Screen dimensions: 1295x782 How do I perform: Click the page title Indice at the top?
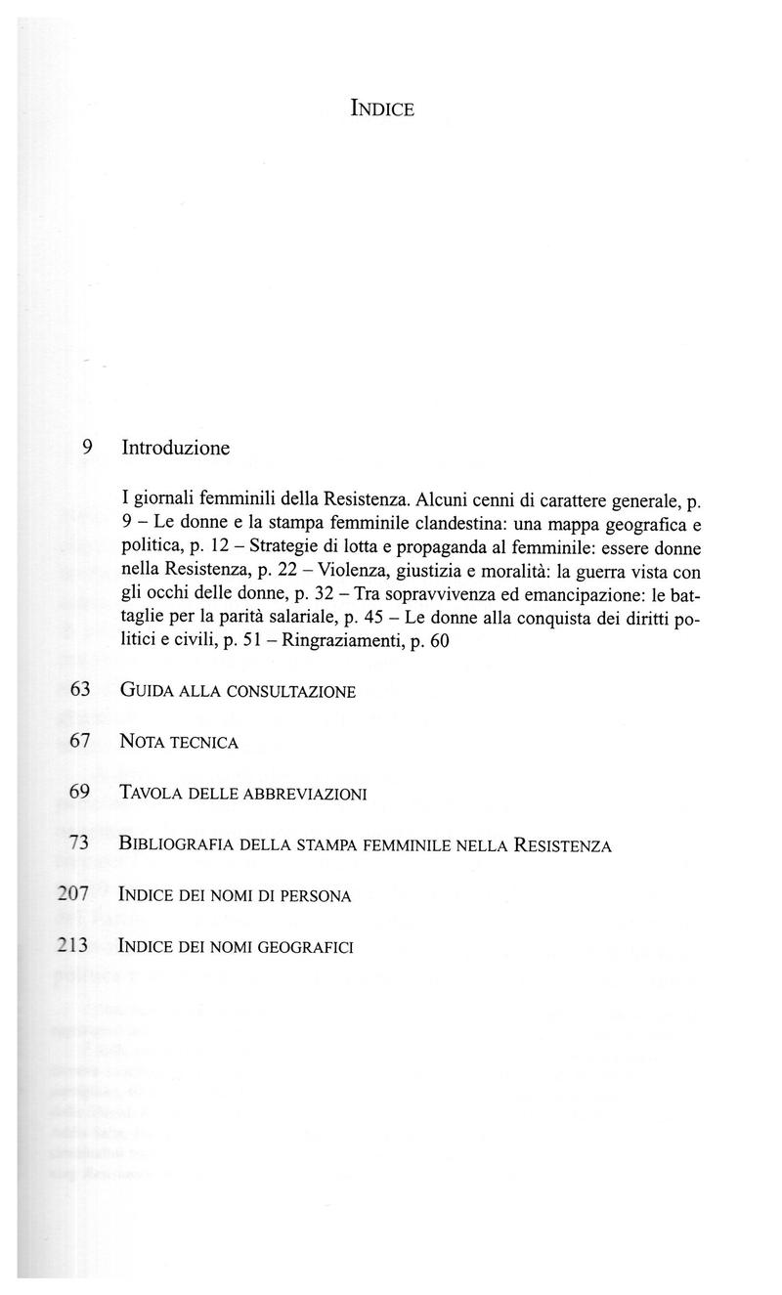coord(382,108)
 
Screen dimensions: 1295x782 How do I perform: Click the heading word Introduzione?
coord(176,449)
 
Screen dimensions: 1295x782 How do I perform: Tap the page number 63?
coord(80,690)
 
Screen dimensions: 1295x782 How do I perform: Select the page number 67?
coord(80,742)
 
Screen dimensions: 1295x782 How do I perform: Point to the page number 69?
coord(80,793)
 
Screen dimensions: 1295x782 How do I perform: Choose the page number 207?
coord(73,894)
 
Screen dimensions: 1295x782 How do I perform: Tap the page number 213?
coord(73,945)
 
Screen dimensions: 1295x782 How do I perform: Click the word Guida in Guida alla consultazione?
coord(146,691)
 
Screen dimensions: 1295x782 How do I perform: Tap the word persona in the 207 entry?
coord(316,895)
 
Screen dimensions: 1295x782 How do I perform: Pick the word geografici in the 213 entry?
coord(306,946)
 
